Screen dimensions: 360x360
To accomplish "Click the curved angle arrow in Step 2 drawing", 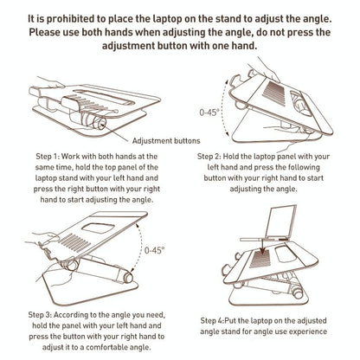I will [224, 112].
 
